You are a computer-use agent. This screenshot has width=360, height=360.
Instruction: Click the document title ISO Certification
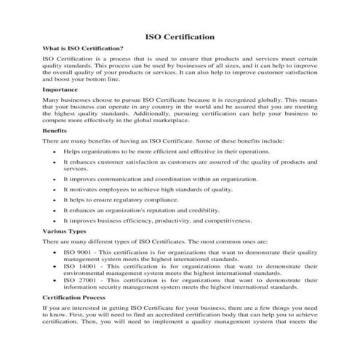point(180,35)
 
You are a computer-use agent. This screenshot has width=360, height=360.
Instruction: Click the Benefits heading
point(56,132)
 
